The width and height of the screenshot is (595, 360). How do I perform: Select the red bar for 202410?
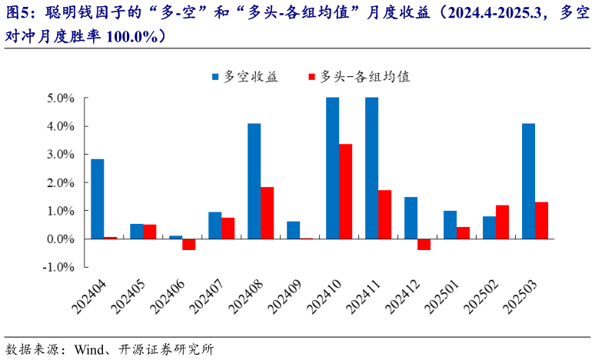pos(346,192)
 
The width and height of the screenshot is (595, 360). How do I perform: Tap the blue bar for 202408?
pos(254,181)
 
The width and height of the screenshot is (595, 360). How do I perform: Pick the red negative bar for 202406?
pos(189,244)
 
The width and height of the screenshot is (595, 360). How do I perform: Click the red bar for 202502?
pos(503,222)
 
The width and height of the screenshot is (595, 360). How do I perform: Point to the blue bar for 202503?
pos(528,181)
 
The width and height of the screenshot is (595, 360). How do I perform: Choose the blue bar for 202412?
pos(411,218)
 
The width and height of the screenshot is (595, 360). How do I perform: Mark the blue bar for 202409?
pos(293,230)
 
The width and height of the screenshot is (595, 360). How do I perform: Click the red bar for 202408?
pos(268,212)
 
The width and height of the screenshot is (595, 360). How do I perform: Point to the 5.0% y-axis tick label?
pos(60,98)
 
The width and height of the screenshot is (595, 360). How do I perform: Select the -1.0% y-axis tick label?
pos(58,267)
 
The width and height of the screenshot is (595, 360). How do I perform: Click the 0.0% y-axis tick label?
pos(60,239)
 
